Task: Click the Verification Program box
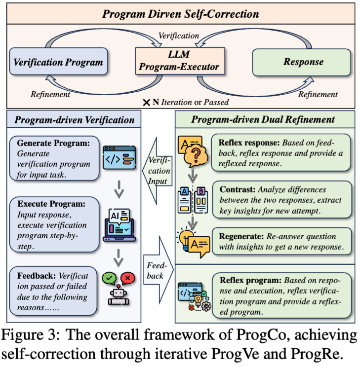tap(59, 62)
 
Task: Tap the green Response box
tap(303, 62)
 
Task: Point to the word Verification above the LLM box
tap(179, 36)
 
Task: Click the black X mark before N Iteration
tap(147, 102)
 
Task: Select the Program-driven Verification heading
tap(74, 120)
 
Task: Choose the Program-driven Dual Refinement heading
tap(263, 120)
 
